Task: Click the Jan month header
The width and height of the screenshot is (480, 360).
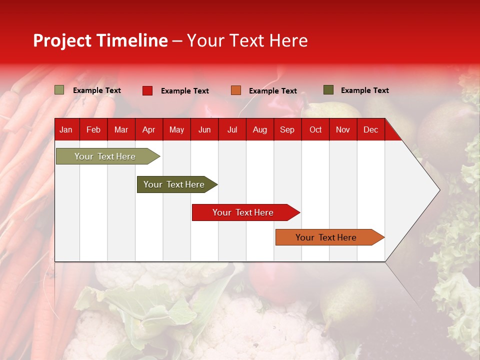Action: (66, 130)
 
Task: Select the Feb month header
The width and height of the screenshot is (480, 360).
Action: (93, 130)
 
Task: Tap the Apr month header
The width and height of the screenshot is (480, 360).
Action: (148, 130)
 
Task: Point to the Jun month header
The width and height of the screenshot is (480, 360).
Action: (204, 130)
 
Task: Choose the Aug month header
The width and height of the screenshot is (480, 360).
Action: (259, 130)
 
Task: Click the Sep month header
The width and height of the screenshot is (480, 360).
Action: (287, 130)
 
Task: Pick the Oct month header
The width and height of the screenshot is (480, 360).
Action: (315, 130)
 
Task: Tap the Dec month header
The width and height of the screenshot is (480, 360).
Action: (370, 130)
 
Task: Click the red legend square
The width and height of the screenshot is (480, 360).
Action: (147, 90)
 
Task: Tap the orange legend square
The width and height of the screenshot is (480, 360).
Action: (236, 90)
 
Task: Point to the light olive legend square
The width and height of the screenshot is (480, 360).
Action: (59, 90)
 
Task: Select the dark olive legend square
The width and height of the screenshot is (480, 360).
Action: (328, 90)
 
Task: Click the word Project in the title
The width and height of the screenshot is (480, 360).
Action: (62, 40)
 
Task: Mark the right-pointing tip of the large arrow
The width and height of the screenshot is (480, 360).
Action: (438, 190)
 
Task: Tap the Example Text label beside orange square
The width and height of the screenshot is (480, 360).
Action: (272, 91)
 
